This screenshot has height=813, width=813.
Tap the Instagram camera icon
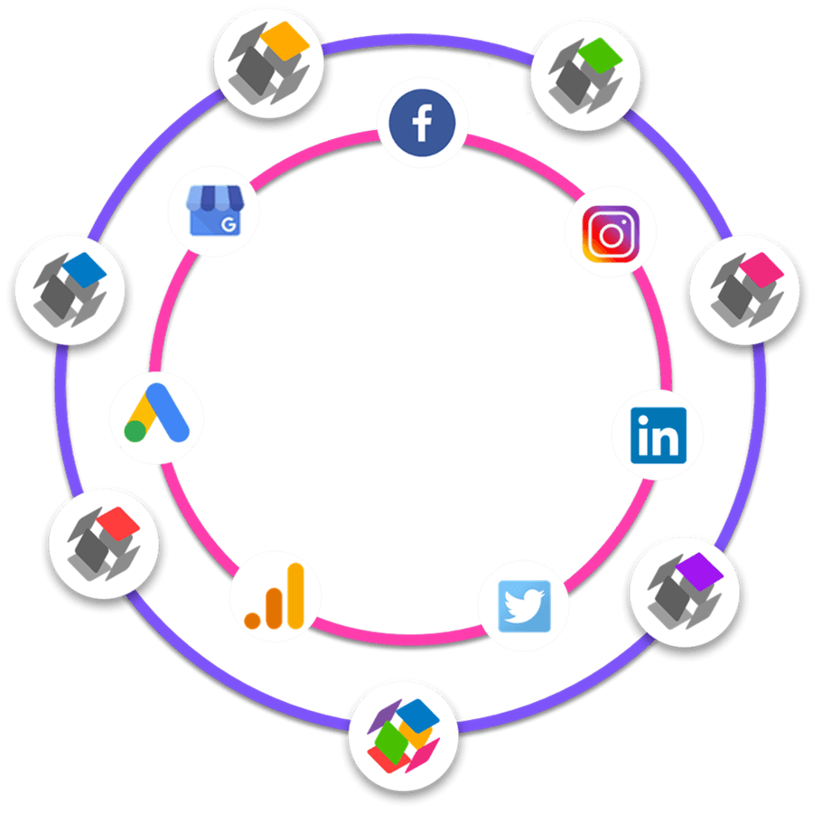(611, 235)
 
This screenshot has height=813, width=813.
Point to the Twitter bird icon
(526, 604)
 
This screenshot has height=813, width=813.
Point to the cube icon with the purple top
(683, 590)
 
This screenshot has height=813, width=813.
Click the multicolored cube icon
(404, 732)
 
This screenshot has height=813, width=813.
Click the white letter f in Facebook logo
(423, 123)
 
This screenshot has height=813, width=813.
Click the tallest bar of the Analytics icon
(295, 593)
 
